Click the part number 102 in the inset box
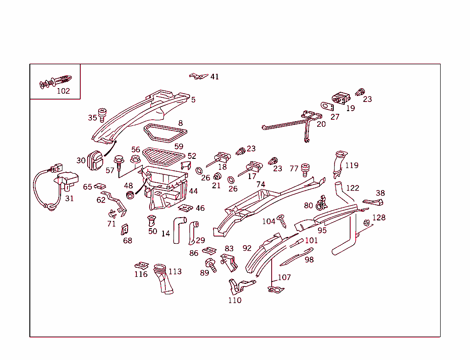[x=63, y=91]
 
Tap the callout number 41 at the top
[x=214, y=77]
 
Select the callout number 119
[x=352, y=165]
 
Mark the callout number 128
[x=379, y=218]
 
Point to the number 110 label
[x=235, y=300]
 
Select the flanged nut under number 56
[x=135, y=159]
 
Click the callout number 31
[x=69, y=198]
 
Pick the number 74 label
[x=261, y=184]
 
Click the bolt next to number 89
[x=212, y=264]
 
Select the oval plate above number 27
[x=327, y=106]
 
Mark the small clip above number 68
[x=124, y=229]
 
